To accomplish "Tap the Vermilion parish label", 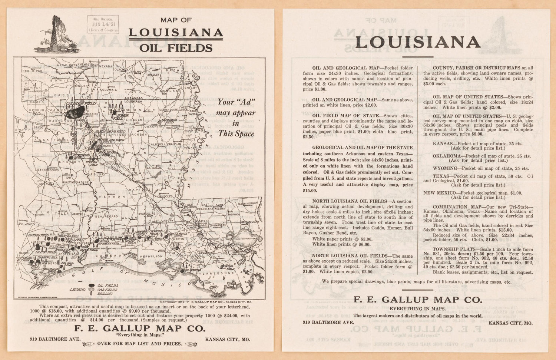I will pyautogui.click(x=150, y=256).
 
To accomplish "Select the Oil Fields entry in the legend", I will pyautogui.click(x=107, y=285).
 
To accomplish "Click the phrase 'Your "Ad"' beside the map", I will pyautogui.click(x=236, y=102).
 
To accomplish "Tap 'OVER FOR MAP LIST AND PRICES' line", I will pyautogui.click(x=139, y=343).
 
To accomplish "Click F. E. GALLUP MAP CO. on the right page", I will pyautogui.click(x=418, y=299).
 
